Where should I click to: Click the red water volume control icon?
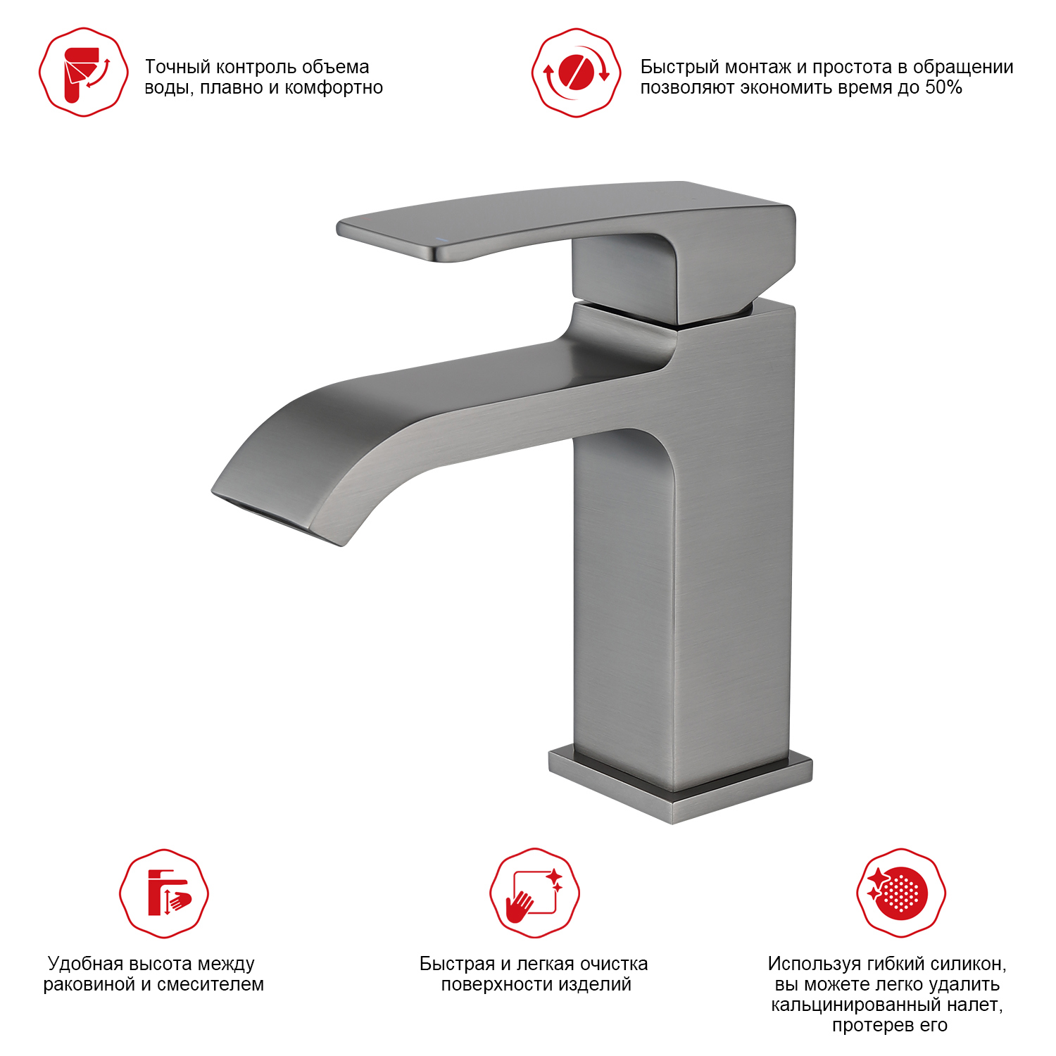point(84,73)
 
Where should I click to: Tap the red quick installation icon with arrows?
point(577,73)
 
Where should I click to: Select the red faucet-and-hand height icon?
point(164,893)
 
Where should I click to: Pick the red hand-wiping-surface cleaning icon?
point(535,893)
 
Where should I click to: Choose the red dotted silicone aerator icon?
point(901,893)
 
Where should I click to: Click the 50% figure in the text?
point(943,87)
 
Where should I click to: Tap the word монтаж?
point(758,68)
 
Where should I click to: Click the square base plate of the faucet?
point(680,785)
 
